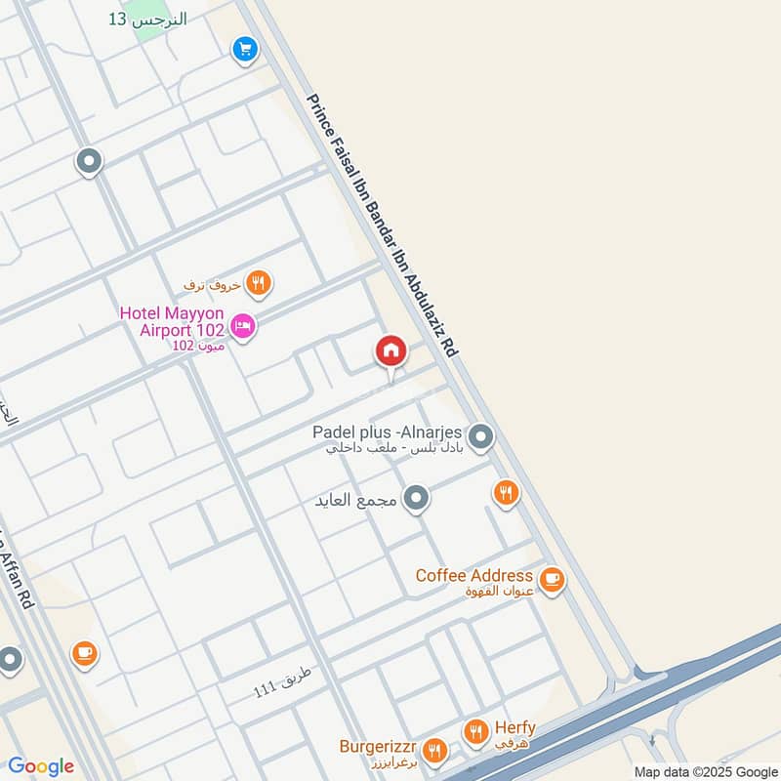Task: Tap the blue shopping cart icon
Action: (245, 48)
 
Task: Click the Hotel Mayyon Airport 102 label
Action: (172, 322)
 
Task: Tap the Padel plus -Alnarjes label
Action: (387, 432)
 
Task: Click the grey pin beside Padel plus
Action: (479, 437)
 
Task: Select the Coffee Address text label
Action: (473, 575)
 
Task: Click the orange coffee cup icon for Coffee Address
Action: (552, 580)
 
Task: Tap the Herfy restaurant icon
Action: (475, 730)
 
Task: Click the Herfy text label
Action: (514, 728)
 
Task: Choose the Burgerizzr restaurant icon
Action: (435, 751)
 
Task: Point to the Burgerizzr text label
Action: (380, 748)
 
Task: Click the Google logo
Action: (41, 766)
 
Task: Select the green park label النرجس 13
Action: (147, 20)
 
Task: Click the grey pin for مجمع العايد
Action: (417, 500)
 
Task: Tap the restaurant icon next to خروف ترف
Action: (259, 283)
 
